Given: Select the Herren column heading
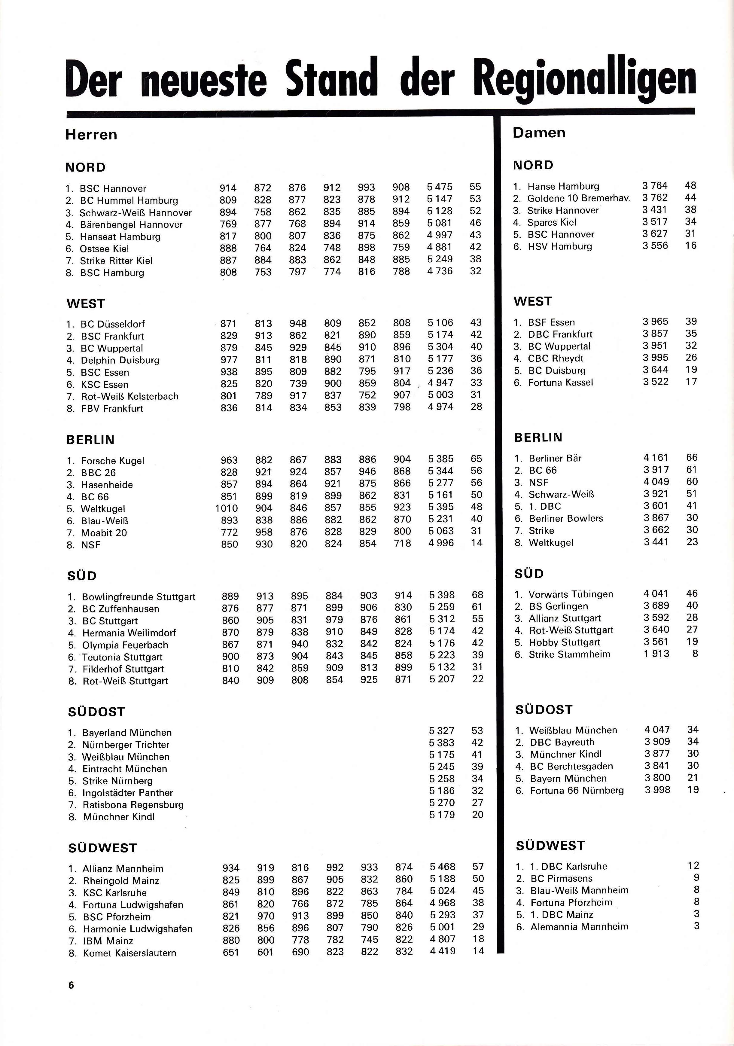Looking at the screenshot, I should [x=91, y=135].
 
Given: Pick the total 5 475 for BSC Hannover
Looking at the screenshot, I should [x=440, y=187].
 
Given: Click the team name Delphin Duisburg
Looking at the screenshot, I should [x=120, y=360].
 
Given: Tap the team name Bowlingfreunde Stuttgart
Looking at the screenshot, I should [x=139, y=597].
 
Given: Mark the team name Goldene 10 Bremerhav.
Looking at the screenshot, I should [x=579, y=198].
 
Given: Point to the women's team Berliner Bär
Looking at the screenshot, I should [x=555, y=458].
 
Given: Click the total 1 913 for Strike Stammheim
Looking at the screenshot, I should [x=656, y=654].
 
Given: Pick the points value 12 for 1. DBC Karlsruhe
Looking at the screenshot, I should [x=693, y=866].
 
